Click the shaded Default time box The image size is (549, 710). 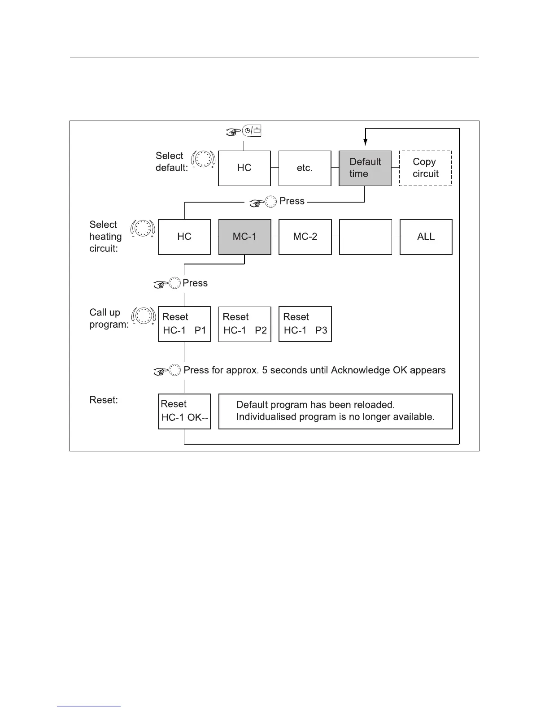tap(365, 168)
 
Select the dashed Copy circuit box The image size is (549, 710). tap(425, 168)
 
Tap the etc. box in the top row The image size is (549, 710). tap(305, 168)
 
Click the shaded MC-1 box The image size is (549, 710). tap(244, 237)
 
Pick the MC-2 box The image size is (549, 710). tap(305, 237)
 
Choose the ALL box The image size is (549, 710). tap(426, 237)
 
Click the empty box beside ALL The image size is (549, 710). tap(365, 237)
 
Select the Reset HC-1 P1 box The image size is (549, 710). tap(184, 324)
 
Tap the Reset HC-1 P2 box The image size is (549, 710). tap(244, 324)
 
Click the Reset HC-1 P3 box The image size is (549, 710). tap(305, 324)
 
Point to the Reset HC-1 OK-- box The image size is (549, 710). tap(184, 411)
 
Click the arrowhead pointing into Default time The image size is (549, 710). tap(366, 142)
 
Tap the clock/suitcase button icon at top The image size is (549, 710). tap(252, 131)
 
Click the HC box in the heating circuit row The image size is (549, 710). tap(184, 237)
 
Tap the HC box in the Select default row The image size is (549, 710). tap(244, 168)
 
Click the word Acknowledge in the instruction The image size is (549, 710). tap(360, 370)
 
